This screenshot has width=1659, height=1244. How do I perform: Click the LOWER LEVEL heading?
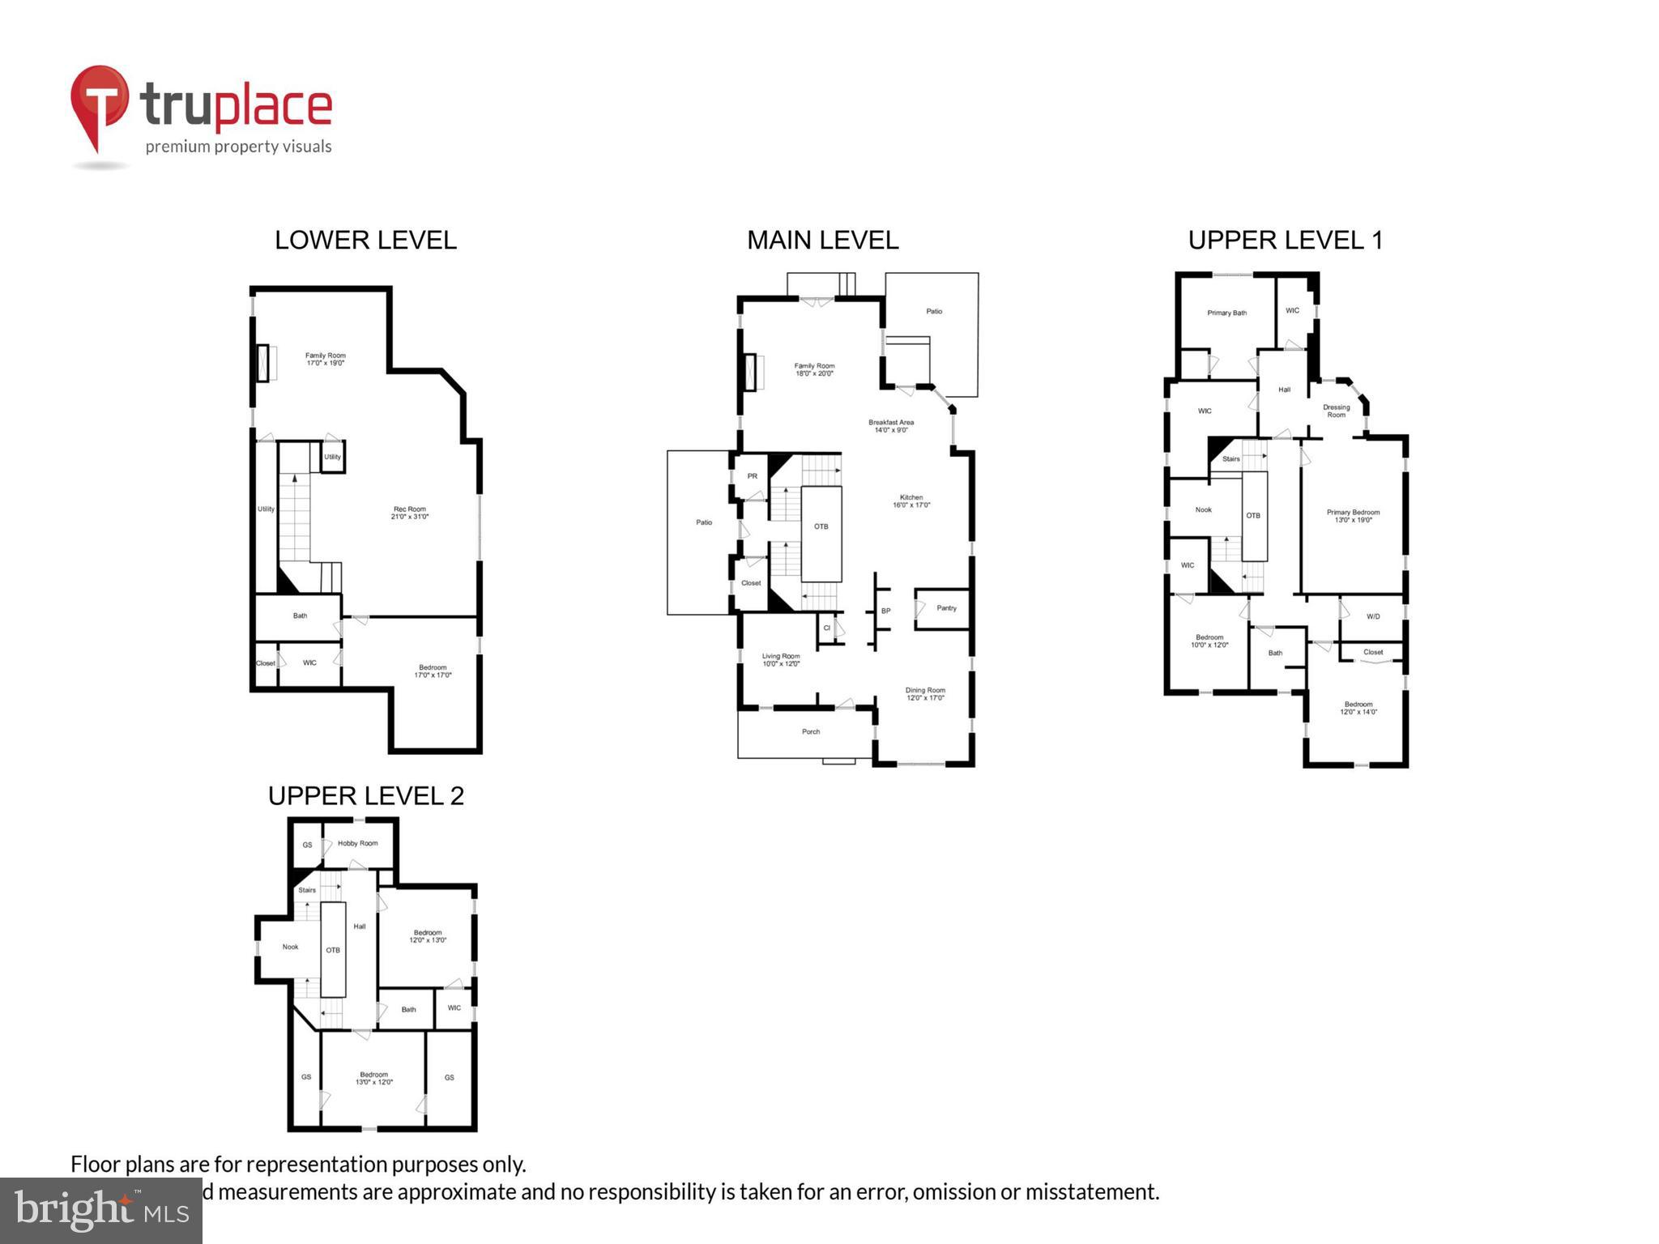click(365, 240)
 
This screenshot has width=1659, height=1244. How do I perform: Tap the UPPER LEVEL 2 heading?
click(365, 795)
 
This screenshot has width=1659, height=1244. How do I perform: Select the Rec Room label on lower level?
click(410, 513)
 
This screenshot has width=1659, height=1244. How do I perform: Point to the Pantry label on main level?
click(946, 607)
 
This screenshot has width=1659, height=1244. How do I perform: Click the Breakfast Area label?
click(891, 426)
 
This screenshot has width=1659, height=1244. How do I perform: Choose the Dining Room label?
click(925, 694)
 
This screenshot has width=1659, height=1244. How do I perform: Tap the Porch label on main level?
click(811, 731)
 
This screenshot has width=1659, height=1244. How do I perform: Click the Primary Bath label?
click(1226, 313)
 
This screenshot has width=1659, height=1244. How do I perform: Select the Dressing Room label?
click(1336, 411)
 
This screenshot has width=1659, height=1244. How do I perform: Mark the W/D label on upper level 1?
click(1373, 616)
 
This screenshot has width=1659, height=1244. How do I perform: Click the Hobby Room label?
click(357, 843)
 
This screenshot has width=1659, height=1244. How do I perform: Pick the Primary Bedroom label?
click(1353, 516)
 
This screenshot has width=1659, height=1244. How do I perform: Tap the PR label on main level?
click(752, 476)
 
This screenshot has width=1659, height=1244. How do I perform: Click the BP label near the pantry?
click(885, 611)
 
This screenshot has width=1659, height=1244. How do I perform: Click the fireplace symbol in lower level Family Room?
click(263, 363)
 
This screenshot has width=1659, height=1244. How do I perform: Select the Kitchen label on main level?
click(911, 501)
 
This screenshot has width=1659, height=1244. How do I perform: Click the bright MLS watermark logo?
click(100, 1210)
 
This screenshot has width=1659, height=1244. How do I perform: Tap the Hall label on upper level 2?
click(360, 926)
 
